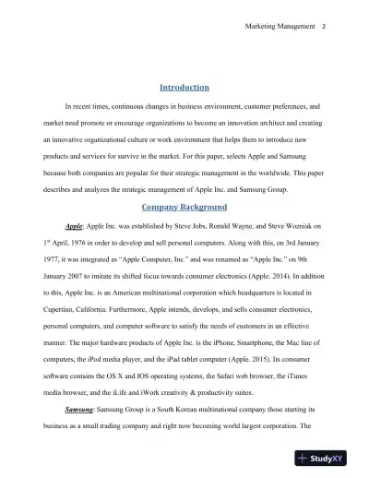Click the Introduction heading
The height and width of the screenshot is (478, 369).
coord(185,88)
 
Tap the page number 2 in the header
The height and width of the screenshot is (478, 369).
coord(324,25)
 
